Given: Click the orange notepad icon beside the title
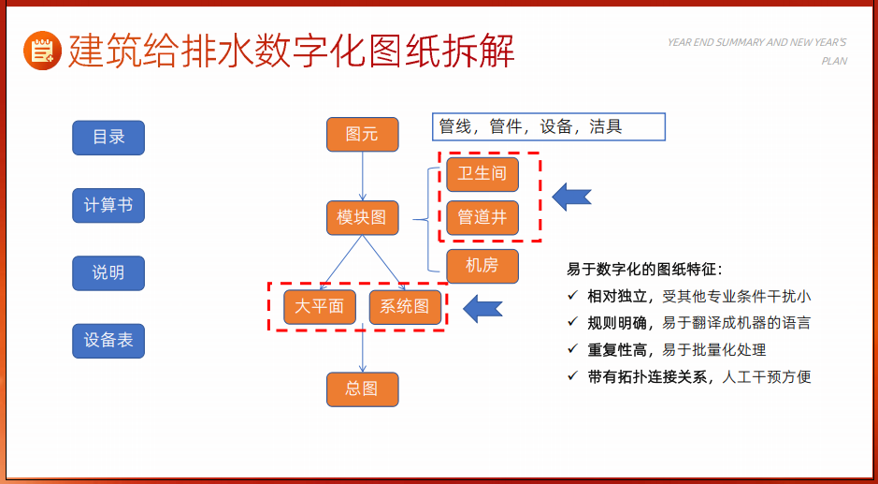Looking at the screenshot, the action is (x=43, y=51).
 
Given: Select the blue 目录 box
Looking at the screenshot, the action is (x=108, y=138).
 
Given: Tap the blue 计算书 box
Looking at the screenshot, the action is (x=108, y=205).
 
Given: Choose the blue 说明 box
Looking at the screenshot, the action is (x=108, y=273).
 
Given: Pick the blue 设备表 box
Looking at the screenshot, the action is (x=108, y=341).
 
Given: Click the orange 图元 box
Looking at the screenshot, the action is (x=362, y=135).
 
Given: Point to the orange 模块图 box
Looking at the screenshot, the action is (x=362, y=217).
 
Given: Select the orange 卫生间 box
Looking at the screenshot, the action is (x=482, y=174).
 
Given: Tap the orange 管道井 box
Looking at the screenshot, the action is (x=482, y=217).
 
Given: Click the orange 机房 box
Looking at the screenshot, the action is (x=482, y=266).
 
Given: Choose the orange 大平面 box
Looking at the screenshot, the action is (x=320, y=307).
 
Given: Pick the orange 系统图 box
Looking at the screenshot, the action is (x=405, y=307).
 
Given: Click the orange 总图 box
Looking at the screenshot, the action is (x=362, y=389).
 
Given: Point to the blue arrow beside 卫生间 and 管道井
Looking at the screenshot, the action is (x=571, y=197).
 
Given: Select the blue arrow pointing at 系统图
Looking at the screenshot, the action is (x=482, y=308).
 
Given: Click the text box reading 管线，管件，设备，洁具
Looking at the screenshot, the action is (x=549, y=126).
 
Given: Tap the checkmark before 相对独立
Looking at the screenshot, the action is (x=572, y=295).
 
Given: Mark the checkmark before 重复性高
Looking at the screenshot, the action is (x=572, y=349).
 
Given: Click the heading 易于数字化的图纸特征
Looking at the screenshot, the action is (x=644, y=270).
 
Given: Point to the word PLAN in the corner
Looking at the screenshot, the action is (x=834, y=61).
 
